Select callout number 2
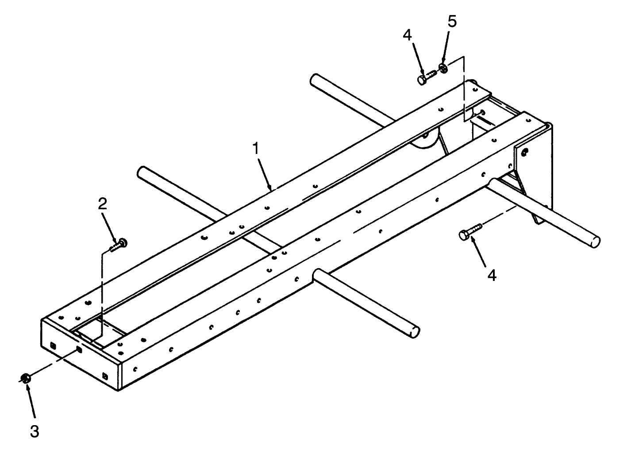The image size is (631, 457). click(x=102, y=204)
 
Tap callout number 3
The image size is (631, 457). click(x=35, y=431)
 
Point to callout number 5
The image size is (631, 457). click(x=452, y=21)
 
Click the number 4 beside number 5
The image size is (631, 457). click(x=408, y=35)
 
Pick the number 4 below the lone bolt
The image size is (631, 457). click(x=492, y=275)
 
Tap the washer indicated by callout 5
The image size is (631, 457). click(x=443, y=69)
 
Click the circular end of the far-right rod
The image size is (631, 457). click(x=595, y=242)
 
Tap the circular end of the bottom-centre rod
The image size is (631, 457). click(x=415, y=332)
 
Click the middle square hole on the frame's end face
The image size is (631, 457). click(x=79, y=350)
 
